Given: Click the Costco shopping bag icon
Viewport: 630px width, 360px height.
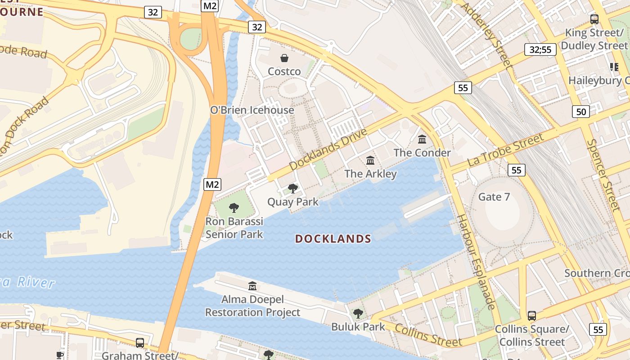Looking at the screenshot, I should tap(284, 58).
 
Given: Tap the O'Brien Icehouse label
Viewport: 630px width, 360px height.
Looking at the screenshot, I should tap(252, 110).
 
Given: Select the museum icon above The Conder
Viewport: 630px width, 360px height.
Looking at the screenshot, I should tap(422, 139).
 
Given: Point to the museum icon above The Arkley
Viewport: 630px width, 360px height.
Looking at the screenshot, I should tap(370, 160).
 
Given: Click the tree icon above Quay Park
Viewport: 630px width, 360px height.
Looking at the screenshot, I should tap(293, 188).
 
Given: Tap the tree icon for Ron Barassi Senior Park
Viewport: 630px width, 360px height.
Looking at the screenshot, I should tap(234, 207).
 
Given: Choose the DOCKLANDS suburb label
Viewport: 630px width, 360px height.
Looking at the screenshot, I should tap(333, 239).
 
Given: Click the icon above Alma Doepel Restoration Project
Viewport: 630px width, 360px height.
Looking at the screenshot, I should tap(252, 286).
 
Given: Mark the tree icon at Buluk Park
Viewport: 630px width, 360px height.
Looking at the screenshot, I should tap(358, 313).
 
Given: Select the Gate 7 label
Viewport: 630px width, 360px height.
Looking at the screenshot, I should tap(490, 197).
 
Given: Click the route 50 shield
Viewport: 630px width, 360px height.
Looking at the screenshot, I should tap(581, 111).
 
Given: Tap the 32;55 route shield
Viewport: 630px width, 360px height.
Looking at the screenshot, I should tap(540, 49).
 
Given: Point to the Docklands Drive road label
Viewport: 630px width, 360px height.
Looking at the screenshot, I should tap(328, 149).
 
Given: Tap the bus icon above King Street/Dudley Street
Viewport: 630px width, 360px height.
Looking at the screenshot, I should tap(594, 19).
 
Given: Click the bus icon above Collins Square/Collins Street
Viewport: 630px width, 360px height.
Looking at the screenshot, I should tap(532, 315).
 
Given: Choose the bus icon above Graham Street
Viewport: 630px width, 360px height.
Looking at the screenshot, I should tap(140, 343).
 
